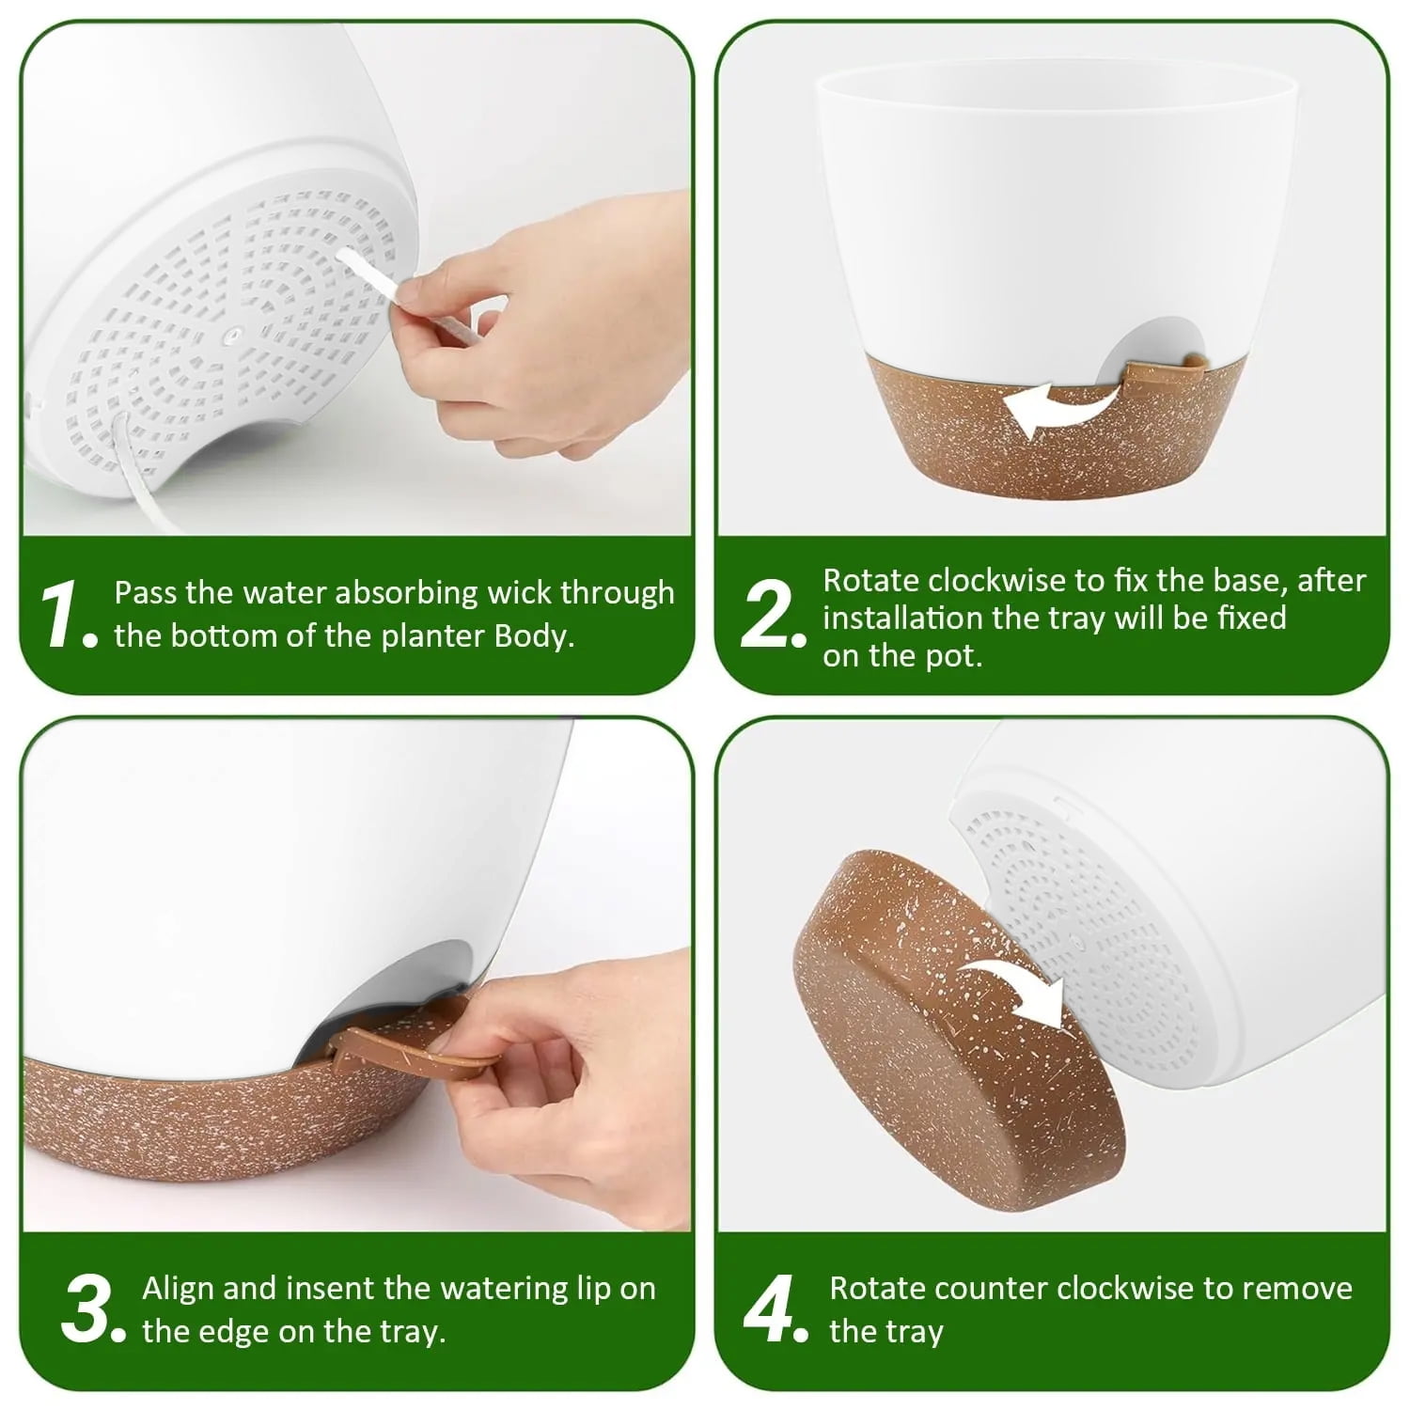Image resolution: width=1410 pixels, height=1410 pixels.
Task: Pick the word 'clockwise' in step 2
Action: tap(977, 580)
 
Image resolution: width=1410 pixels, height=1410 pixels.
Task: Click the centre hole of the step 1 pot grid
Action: tap(232, 332)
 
